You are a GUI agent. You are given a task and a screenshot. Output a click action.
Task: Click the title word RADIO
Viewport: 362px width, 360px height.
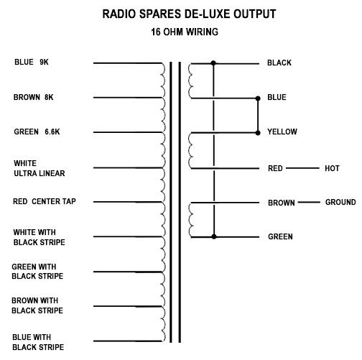click(x=119, y=14)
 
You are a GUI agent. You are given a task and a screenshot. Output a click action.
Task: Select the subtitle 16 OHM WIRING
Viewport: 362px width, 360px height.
click(x=185, y=32)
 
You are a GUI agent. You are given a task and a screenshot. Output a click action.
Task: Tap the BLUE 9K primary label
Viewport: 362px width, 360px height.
click(x=32, y=62)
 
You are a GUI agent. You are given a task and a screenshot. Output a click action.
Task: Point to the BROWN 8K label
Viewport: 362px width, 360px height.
click(x=33, y=97)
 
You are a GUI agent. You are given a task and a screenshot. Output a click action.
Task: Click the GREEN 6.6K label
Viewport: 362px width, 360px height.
click(x=37, y=131)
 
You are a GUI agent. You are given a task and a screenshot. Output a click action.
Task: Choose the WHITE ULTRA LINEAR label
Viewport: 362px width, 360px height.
click(x=40, y=168)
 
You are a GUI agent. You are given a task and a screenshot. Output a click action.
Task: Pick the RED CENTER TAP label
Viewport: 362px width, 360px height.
click(x=45, y=201)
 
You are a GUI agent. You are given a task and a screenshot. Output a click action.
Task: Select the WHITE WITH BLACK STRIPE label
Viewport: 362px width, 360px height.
click(x=39, y=237)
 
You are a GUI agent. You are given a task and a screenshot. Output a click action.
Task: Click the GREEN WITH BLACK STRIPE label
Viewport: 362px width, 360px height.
click(x=37, y=272)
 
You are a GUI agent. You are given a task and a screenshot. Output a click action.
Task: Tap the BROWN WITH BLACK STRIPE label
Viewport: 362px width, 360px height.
click(x=37, y=305)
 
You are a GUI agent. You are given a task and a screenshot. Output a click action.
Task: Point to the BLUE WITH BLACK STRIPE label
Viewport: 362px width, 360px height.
click(x=38, y=342)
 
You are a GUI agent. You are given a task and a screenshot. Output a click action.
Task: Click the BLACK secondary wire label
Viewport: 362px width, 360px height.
click(x=279, y=63)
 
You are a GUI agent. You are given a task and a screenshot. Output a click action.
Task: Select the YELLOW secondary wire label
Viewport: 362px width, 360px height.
click(x=282, y=131)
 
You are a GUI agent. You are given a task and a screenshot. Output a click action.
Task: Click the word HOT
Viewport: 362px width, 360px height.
click(x=332, y=168)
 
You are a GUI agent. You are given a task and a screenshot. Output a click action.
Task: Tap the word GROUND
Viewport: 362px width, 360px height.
click(x=340, y=202)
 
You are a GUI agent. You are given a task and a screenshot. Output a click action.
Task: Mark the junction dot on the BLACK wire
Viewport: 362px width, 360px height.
click(x=213, y=63)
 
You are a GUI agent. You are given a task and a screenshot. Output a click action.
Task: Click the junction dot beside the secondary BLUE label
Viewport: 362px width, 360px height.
click(x=258, y=98)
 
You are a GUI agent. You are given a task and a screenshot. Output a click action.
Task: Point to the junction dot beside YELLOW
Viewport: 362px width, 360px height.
click(x=258, y=133)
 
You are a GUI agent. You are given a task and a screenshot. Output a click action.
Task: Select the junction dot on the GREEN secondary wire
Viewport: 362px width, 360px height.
click(x=214, y=236)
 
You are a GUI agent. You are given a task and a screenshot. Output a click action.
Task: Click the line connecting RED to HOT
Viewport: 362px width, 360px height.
click(x=302, y=168)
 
